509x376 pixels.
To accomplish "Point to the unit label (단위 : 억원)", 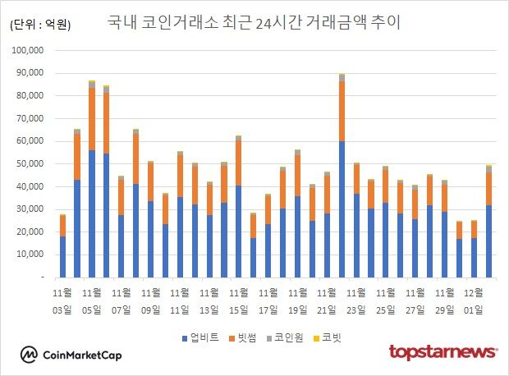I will click(x=40, y=25).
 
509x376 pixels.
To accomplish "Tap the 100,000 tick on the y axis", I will click(x=35, y=50).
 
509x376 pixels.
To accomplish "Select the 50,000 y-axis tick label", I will click(x=38, y=164).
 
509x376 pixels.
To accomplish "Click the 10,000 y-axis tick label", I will click(x=38, y=254).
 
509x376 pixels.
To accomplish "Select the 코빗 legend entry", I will click(x=331, y=337).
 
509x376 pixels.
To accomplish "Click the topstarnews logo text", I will click(x=443, y=352).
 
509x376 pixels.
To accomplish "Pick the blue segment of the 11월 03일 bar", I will click(x=62, y=257).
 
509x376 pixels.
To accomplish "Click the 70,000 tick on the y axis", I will click(x=38, y=118).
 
